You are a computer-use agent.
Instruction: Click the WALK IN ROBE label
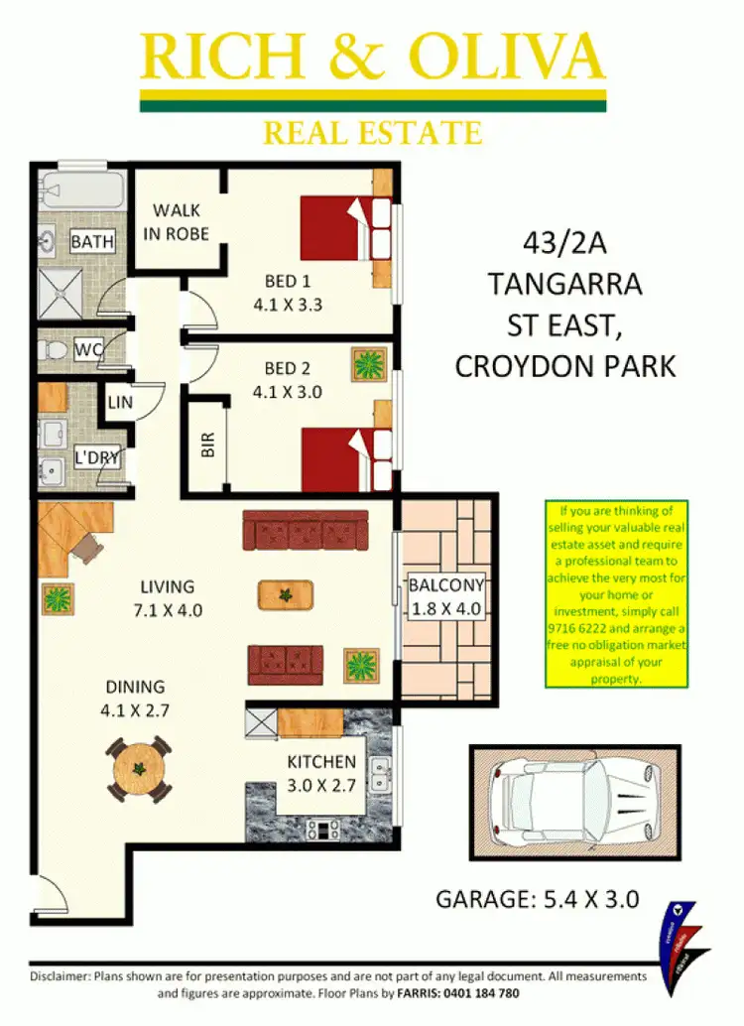(180, 221)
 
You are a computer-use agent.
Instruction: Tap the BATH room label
(92, 241)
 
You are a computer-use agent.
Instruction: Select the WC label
(87, 349)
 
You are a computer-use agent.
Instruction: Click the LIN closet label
(119, 403)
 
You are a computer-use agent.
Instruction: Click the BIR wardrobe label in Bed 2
(207, 446)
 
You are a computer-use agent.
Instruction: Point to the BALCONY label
(446, 584)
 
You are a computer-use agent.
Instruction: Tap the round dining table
(139, 769)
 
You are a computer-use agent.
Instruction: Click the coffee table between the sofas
(286, 594)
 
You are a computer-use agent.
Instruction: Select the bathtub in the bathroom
(81, 189)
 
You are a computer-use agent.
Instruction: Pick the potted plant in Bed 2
(368, 364)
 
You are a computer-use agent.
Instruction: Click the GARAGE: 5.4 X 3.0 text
(537, 900)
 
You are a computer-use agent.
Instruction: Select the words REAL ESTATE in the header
(372, 131)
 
